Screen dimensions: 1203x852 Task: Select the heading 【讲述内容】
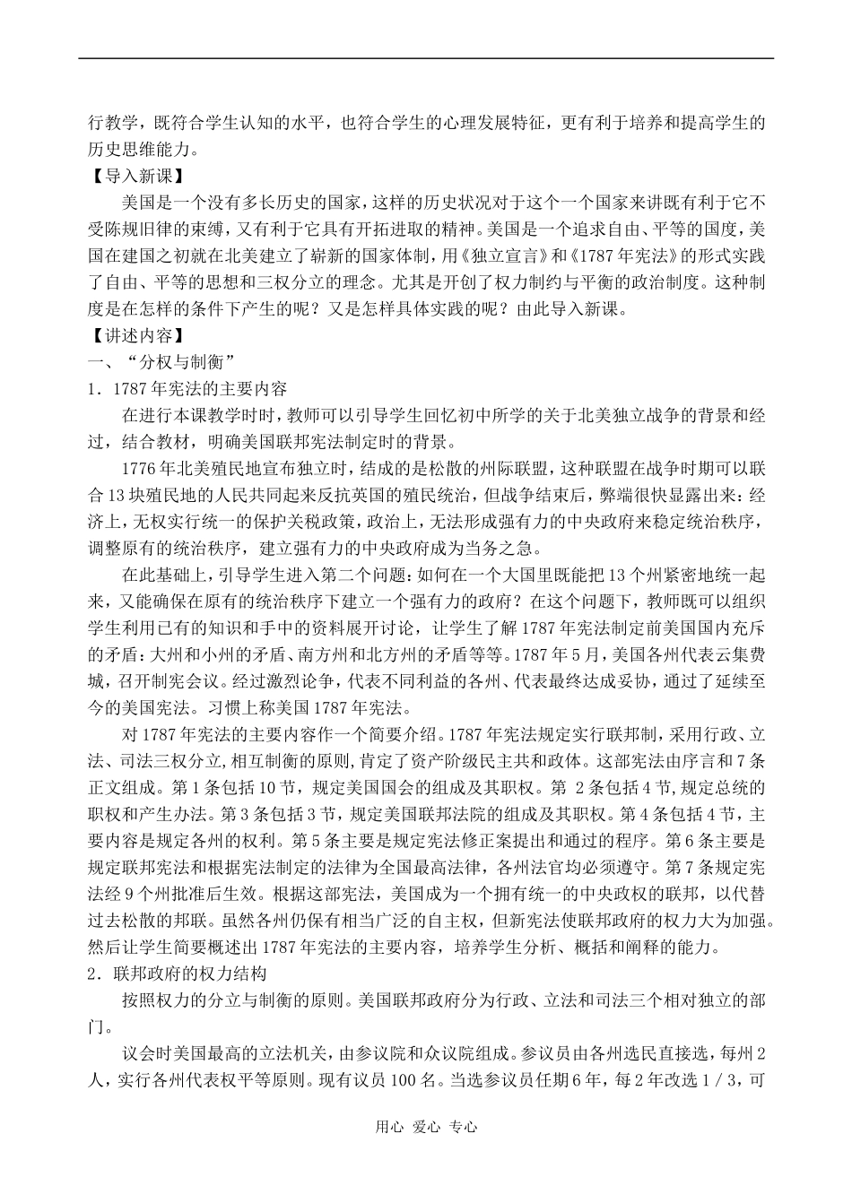[133, 337]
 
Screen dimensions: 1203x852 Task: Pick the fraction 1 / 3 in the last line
[719, 1081]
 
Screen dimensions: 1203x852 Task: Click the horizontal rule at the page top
[425, 59]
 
